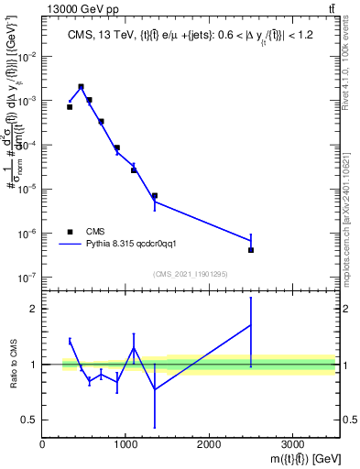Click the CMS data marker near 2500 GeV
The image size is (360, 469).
point(250,250)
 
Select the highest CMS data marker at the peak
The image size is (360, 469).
point(81,87)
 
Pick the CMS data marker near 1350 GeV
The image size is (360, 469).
point(155,196)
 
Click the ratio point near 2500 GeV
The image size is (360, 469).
point(250,324)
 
